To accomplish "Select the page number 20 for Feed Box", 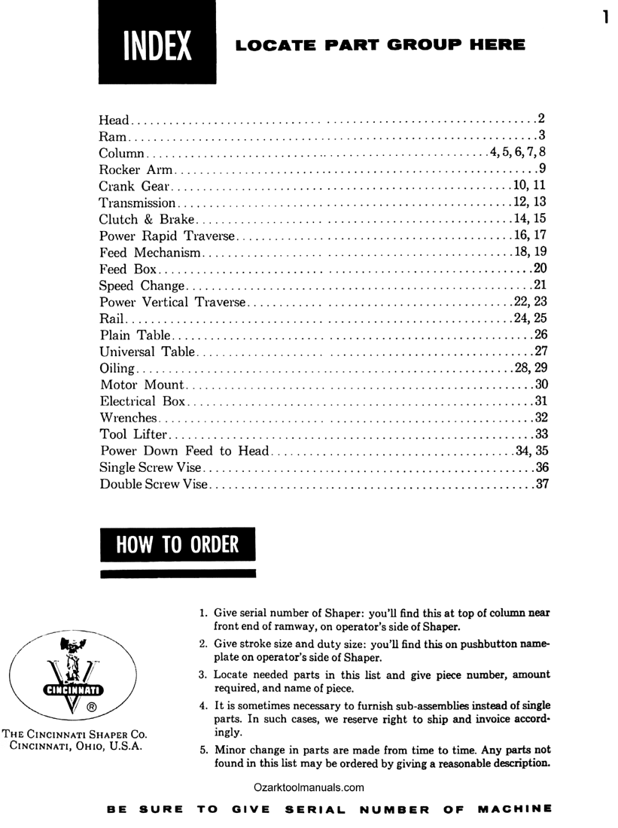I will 540,269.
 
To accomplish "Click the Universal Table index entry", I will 148,352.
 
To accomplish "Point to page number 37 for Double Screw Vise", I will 540,484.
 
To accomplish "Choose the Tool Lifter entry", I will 134,434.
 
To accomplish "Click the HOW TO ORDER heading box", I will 178,544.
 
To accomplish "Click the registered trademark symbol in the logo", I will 91,708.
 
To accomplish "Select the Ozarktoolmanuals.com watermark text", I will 309,787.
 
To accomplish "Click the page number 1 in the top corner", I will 604,17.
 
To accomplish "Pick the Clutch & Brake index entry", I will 147,219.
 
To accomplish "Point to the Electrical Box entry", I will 142,401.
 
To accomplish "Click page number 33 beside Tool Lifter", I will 540,434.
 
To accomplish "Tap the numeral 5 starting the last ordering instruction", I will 202,750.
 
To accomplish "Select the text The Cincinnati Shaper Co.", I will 75,734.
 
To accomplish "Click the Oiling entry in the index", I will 117,368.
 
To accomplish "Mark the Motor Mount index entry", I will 142,385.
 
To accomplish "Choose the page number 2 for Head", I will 540,119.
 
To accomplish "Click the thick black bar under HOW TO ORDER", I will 178,574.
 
